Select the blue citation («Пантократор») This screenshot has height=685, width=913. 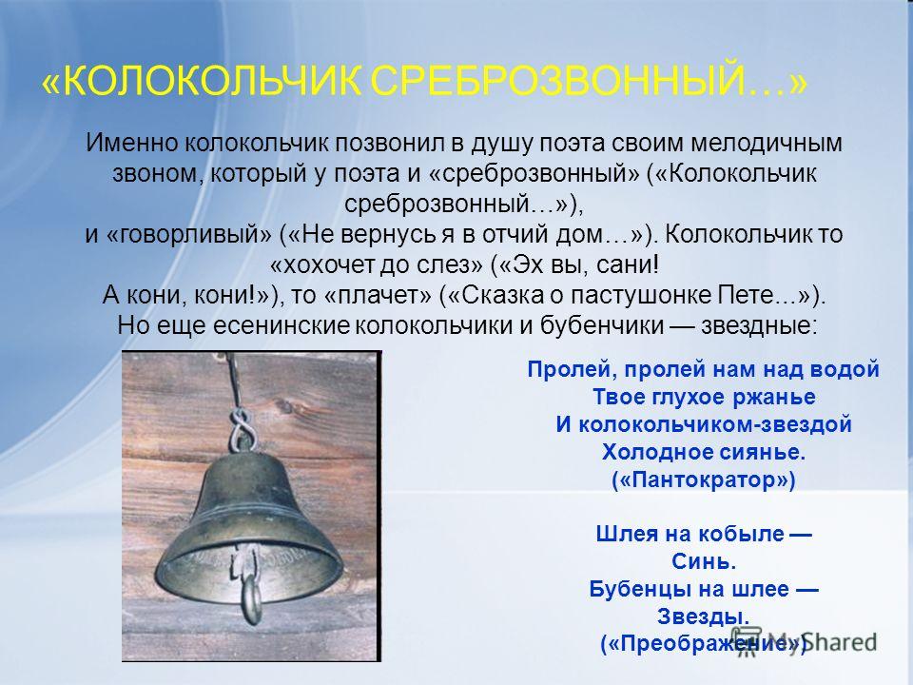[704, 479]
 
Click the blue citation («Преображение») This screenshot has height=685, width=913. [704, 643]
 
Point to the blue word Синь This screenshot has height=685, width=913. [704, 561]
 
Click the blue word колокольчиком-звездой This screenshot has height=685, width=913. [714, 424]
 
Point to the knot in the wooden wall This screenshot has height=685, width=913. [287, 405]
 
